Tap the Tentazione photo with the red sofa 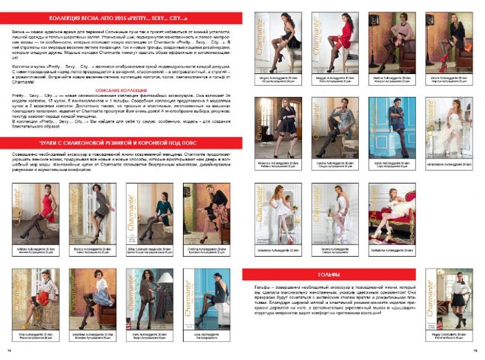tap(393, 213)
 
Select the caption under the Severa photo tap(336, 250)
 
